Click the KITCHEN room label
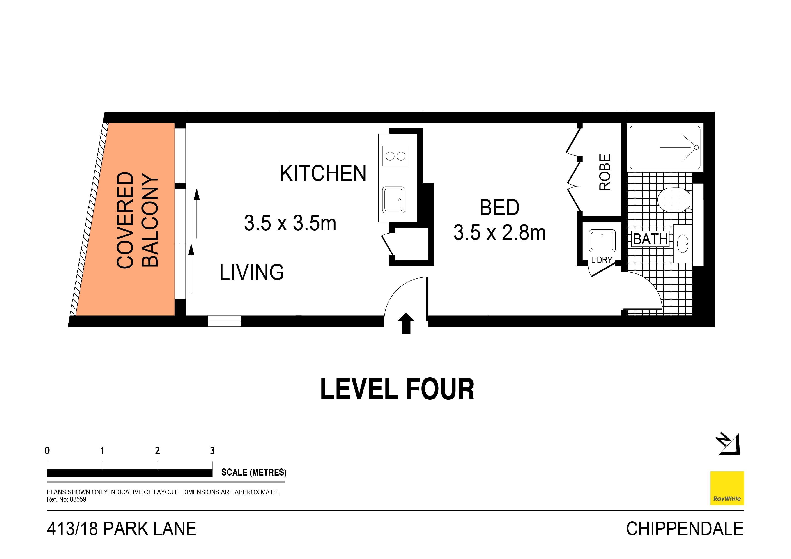[x=323, y=173]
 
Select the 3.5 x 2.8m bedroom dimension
[x=499, y=232]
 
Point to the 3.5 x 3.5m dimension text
[x=290, y=223]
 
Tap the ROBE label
[x=605, y=172]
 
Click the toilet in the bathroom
[x=674, y=200]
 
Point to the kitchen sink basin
[x=393, y=200]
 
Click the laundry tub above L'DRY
[x=602, y=241]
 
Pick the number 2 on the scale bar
[x=157, y=451]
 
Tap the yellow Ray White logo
[x=727, y=488]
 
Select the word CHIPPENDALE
[x=685, y=529]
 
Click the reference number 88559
[x=78, y=499]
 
